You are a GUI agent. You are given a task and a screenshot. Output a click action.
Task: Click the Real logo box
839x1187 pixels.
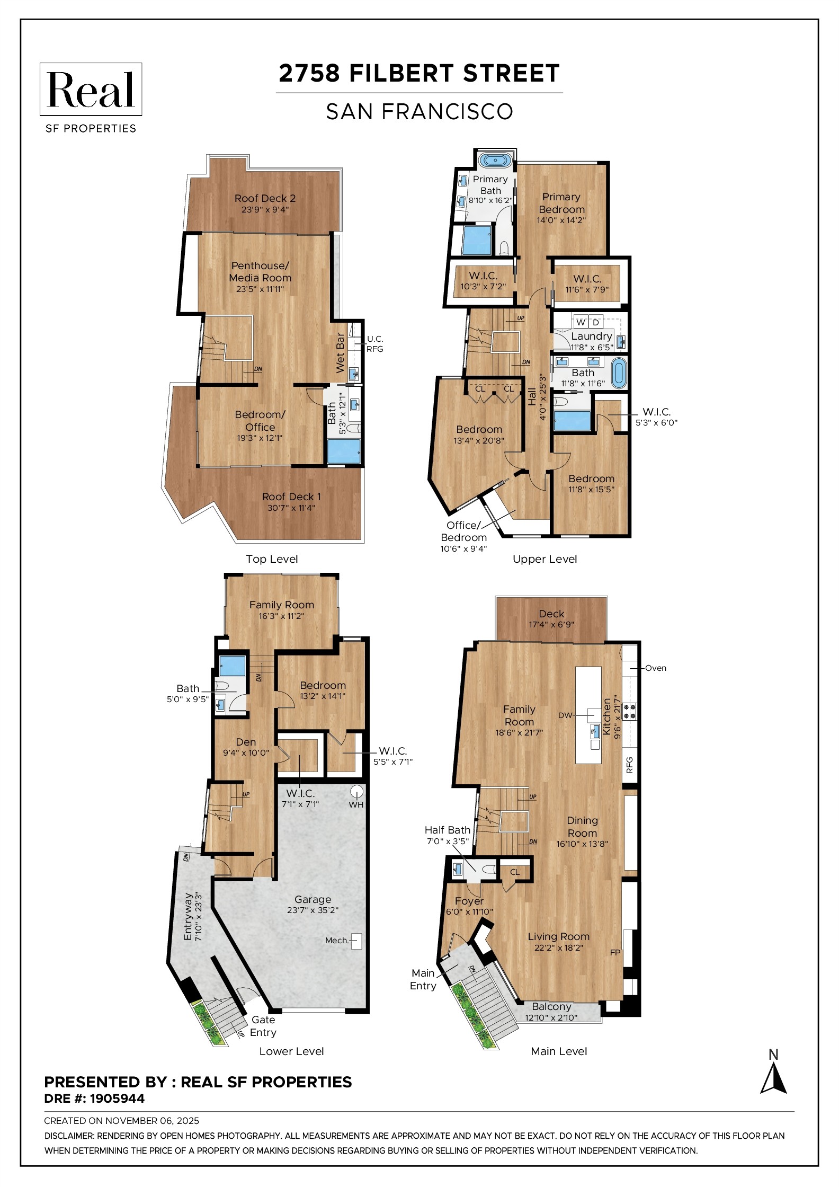click(91, 89)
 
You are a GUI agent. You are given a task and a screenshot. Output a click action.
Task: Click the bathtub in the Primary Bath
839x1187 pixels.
click(495, 160)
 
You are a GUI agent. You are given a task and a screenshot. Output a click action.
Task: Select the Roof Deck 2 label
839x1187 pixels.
click(265, 198)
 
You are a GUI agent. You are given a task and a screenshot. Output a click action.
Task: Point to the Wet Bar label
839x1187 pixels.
click(340, 352)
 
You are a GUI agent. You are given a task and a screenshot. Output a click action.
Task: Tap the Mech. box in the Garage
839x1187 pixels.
click(356, 941)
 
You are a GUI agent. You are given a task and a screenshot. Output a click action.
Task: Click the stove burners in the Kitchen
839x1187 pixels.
click(629, 711)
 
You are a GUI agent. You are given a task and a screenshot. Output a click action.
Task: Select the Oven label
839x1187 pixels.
click(655, 668)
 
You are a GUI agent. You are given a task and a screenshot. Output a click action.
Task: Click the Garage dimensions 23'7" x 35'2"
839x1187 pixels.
click(313, 910)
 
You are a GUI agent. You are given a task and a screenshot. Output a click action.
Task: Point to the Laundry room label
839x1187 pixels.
click(591, 336)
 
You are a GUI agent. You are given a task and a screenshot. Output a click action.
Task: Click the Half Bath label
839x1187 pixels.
click(447, 830)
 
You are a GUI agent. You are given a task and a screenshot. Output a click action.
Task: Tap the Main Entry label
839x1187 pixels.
click(423, 979)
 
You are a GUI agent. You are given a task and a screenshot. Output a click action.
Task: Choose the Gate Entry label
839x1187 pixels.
click(263, 1026)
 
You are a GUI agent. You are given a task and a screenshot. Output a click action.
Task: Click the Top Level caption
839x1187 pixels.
click(272, 559)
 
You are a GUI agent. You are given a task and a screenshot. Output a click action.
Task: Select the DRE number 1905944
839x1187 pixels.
click(117, 1099)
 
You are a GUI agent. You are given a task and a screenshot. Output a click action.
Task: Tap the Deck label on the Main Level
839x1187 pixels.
click(551, 614)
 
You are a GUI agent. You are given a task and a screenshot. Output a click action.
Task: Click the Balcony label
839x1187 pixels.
click(551, 1006)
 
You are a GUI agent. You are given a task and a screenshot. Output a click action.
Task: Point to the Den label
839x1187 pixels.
click(246, 742)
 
